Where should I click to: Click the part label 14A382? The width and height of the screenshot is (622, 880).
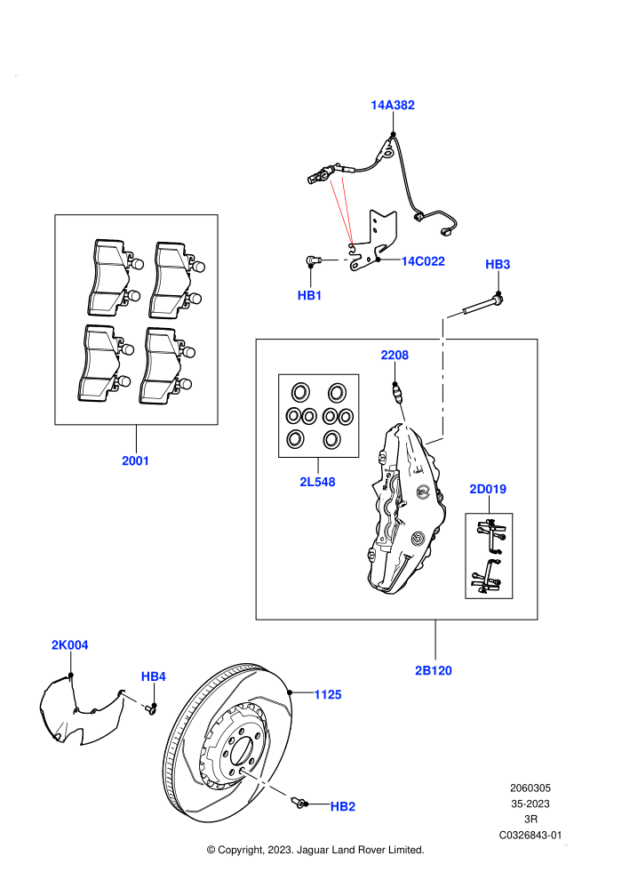coord(393,105)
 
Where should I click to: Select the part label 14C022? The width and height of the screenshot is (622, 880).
coord(423,261)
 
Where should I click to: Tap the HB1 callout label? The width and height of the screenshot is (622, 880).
coord(309,295)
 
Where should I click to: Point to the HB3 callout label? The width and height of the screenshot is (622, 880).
coord(498,264)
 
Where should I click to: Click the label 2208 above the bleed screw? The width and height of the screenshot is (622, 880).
coord(395,355)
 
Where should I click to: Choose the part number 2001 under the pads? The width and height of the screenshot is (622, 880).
coord(136,460)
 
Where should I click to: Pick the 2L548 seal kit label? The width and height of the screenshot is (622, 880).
coord(317,482)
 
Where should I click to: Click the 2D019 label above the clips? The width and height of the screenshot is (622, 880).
coord(488,489)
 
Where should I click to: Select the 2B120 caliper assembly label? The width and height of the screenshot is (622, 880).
coord(434,670)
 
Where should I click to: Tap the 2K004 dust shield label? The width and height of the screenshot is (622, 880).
coord(70,644)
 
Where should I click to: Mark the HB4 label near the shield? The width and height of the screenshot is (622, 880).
coord(153,676)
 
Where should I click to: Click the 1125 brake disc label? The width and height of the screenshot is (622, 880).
coord(328,695)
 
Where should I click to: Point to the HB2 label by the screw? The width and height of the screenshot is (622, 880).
coord(343,806)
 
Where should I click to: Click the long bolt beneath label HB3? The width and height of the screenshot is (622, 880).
coord(483,304)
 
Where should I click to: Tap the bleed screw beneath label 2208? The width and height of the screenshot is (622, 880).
coord(396,392)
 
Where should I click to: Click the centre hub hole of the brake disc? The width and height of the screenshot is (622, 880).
coord(241,750)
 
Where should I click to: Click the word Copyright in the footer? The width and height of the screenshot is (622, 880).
coord(240,851)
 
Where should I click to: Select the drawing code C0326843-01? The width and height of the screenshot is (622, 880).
coord(530,835)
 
